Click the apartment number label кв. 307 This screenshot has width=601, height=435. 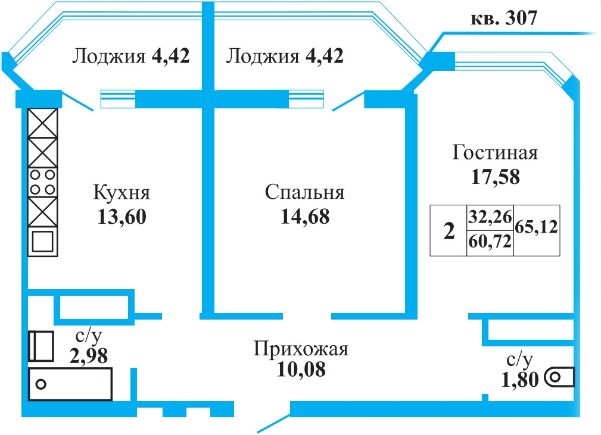[504, 18]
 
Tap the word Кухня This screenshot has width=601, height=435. [122, 193]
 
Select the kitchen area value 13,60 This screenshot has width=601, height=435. [122, 217]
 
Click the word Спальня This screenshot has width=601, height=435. [305, 193]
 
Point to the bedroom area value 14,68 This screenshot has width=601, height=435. [305, 217]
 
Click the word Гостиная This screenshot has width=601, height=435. [495, 152]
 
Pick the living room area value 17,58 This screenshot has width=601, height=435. [495, 177]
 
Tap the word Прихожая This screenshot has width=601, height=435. [301, 349]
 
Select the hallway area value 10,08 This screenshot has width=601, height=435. [301, 370]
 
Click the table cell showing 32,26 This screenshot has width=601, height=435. [490, 218]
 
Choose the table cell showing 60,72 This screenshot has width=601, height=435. [490, 242]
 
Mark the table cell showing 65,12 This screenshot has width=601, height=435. [536, 227]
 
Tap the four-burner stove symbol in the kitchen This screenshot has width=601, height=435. [42, 182]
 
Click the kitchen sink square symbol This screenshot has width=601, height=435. [42, 241]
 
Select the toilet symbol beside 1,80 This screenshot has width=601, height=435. [560, 377]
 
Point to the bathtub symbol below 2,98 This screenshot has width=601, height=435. [70, 384]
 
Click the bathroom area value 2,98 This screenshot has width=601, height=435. [89, 356]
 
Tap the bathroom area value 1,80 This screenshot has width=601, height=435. [520, 380]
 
